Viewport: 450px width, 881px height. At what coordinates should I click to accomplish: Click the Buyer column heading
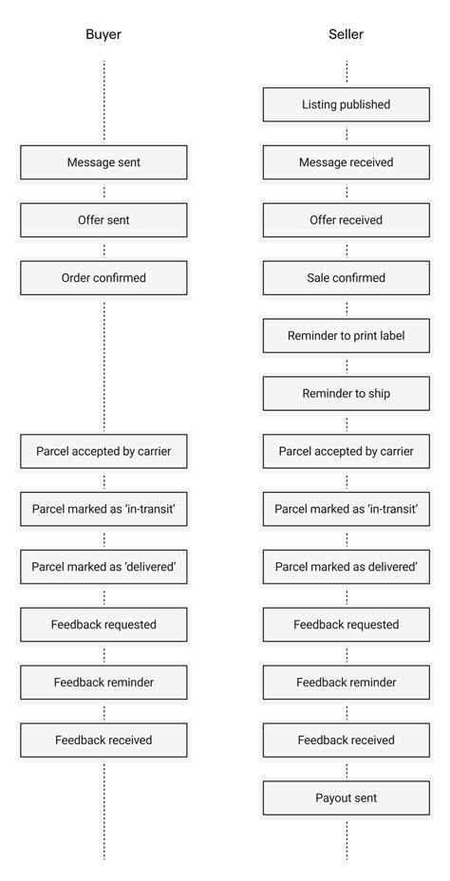pyautogui.click(x=103, y=34)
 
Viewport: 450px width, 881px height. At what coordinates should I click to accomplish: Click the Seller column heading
pyautogui.click(x=346, y=34)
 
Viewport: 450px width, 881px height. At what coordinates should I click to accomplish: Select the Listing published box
pyautogui.click(x=346, y=104)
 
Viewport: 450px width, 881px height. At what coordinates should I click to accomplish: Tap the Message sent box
pyautogui.click(x=103, y=162)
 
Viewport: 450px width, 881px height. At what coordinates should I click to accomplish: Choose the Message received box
pyautogui.click(x=346, y=162)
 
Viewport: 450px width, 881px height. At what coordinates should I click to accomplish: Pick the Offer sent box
pyautogui.click(x=103, y=220)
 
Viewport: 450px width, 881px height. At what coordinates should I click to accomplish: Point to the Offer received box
pyautogui.click(x=346, y=220)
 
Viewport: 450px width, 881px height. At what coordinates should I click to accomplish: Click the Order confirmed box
pyautogui.click(x=103, y=278)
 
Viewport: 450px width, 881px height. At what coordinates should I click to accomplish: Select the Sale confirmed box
pyautogui.click(x=346, y=278)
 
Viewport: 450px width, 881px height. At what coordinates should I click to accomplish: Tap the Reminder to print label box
pyautogui.click(x=346, y=336)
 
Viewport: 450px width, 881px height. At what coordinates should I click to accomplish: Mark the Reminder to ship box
pyautogui.click(x=346, y=394)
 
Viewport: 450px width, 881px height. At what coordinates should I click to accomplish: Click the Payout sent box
pyautogui.click(x=346, y=798)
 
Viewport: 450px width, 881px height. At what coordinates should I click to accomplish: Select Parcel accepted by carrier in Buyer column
pyautogui.click(x=103, y=452)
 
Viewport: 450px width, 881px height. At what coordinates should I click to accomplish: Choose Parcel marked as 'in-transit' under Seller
pyautogui.click(x=346, y=510)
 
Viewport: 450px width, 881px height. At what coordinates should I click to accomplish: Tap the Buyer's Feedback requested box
pyautogui.click(x=103, y=625)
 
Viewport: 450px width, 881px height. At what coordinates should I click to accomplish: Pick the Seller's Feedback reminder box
pyautogui.click(x=346, y=683)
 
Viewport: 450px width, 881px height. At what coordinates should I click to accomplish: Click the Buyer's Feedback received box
pyautogui.click(x=103, y=740)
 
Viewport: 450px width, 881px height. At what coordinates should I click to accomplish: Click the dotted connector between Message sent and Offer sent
pyautogui.click(x=103, y=192)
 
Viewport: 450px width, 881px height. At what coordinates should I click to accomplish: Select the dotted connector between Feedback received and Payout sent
pyautogui.click(x=346, y=769)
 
